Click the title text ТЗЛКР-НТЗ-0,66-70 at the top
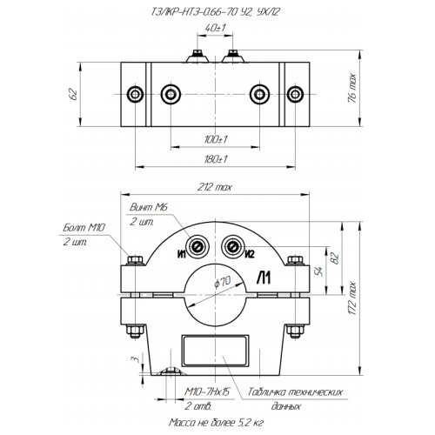(194, 12)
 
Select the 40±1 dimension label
(215, 28)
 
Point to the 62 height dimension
(74, 94)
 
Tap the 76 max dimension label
(352, 88)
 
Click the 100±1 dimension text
(216, 139)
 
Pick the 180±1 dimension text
(216, 159)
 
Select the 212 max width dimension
(215, 187)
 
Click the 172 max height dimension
(351, 298)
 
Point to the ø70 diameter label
(223, 282)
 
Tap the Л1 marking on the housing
(264, 278)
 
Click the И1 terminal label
(181, 254)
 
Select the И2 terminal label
(250, 254)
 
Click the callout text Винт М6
(149, 207)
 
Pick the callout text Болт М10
(84, 228)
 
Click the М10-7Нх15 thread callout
(207, 391)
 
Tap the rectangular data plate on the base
(215, 351)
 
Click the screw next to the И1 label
(198, 247)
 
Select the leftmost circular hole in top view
(135, 94)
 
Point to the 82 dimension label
(335, 258)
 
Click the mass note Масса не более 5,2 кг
(216, 423)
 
